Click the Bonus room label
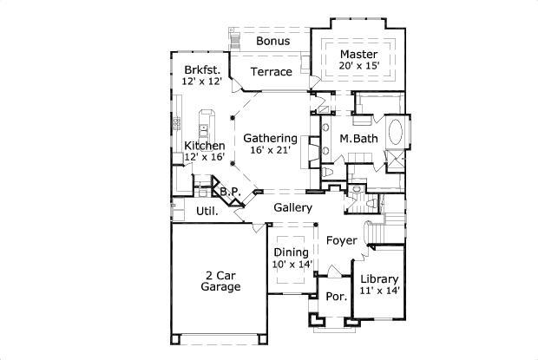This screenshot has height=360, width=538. pyautogui.click(x=272, y=41)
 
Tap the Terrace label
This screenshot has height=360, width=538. pyautogui.click(x=271, y=72)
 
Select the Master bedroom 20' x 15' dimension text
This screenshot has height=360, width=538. pyautogui.click(x=359, y=65)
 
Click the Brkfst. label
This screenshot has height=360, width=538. pyautogui.click(x=202, y=69)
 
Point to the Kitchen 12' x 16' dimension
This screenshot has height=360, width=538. pyautogui.click(x=205, y=157)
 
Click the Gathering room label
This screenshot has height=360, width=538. pyautogui.click(x=270, y=138)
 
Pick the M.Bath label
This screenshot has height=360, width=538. pyautogui.click(x=358, y=138)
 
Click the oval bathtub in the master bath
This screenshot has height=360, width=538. pyautogui.click(x=396, y=132)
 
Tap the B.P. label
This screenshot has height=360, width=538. pyautogui.click(x=230, y=192)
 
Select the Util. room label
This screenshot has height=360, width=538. pyautogui.click(x=207, y=211)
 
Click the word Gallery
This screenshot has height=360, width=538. pyautogui.click(x=293, y=207)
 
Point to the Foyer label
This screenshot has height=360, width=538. pyautogui.click(x=341, y=240)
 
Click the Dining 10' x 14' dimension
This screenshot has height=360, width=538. pyautogui.click(x=292, y=265)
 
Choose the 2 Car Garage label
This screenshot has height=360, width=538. pyautogui.click(x=220, y=281)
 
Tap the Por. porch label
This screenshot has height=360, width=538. pyautogui.click(x=337, y=296)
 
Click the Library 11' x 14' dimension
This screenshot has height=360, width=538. pyautogui.click(x=379, y=291)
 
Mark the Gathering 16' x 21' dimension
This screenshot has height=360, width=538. pyautogui.click(x=271, y=150)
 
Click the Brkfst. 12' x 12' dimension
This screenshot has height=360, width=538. pyautogui.click(x=201, y=82)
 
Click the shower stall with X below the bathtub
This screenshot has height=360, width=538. pyautogui.click(x=395, y=160)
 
